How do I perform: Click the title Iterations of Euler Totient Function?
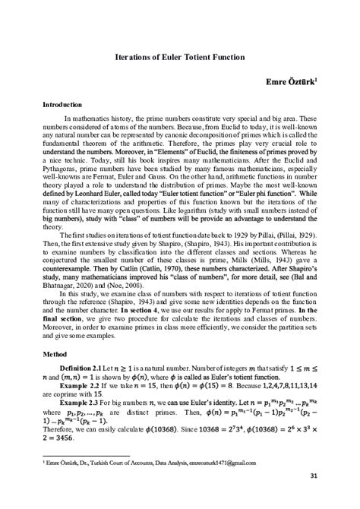pos(180,56)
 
